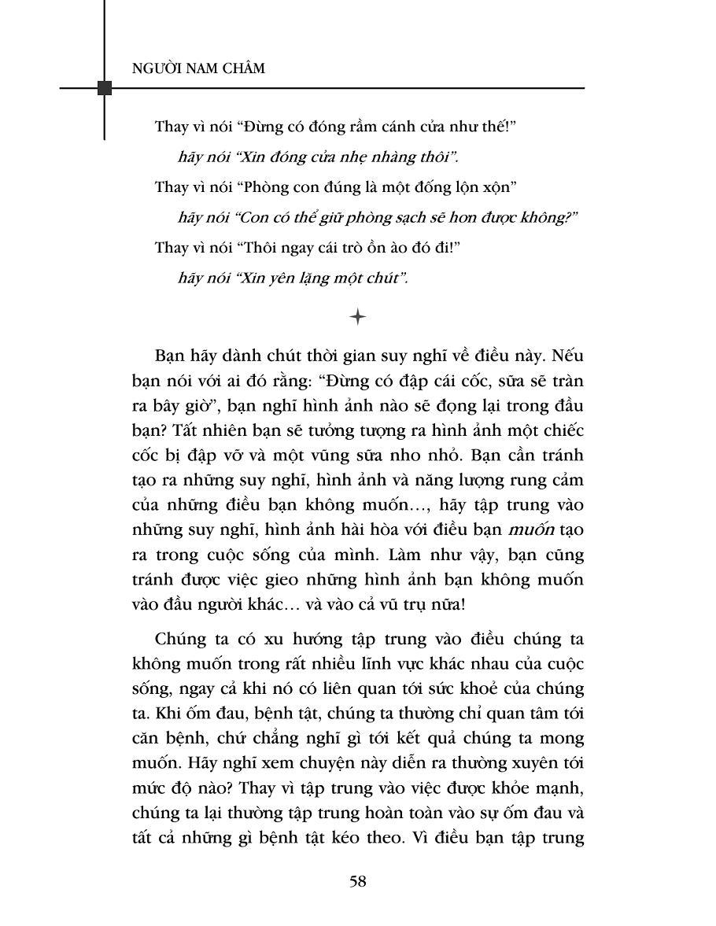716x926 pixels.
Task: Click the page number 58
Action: coord(358,880)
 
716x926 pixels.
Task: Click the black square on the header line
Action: coord(104,87)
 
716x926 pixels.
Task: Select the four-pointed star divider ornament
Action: coord(358,317)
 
